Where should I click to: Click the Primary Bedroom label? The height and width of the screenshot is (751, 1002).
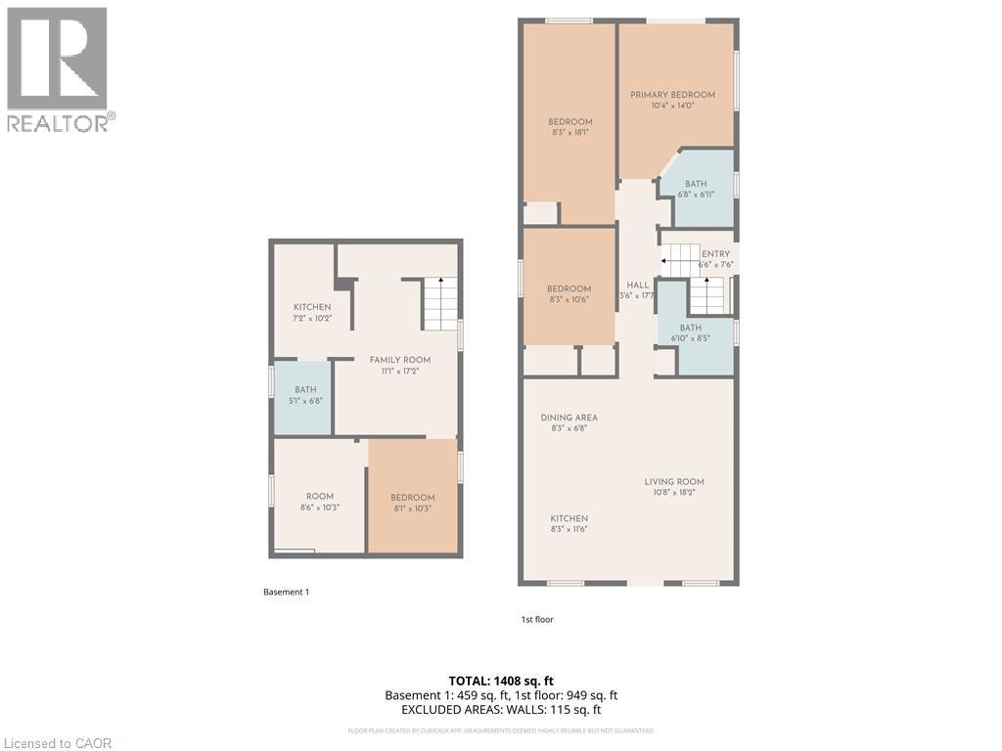[672, 95]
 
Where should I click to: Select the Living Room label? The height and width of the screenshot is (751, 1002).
[673, 481]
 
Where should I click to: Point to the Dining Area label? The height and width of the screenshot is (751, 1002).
[569, 418]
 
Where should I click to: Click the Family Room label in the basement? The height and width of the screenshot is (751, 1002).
[399, 360]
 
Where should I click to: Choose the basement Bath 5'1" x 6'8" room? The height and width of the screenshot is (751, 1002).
[301, 396]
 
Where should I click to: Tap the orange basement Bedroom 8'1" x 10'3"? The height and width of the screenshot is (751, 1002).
[412, 498]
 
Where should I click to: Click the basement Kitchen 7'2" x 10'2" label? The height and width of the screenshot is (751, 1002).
[312, 307]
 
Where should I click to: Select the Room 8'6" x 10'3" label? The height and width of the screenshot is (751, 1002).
[319, 496]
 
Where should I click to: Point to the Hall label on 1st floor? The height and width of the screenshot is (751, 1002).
[637, 285]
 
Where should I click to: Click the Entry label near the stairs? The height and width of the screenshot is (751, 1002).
[715, 254]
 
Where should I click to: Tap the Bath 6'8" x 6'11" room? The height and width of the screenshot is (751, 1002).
[696, 188]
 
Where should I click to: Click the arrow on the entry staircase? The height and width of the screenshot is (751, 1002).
[667, 261]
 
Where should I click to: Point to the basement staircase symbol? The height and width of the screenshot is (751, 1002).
[440, 303]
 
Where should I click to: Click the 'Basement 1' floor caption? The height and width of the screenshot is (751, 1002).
[286, 592]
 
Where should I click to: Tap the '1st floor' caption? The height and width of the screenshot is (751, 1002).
[537, 619]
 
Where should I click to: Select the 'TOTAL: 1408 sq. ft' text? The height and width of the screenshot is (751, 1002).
[501, 680]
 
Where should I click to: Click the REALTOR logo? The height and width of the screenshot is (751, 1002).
[60, 68]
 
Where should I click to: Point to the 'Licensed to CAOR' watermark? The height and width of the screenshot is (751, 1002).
[57, 743]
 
